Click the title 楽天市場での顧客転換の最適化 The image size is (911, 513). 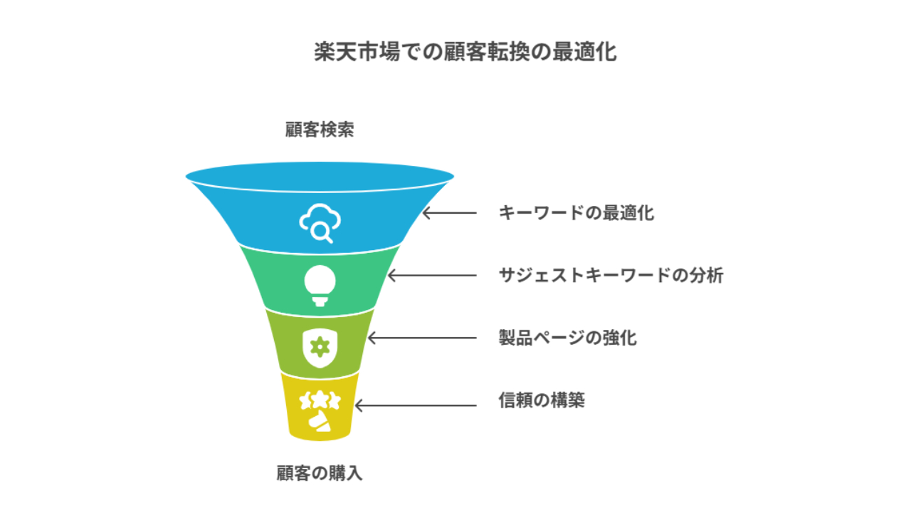point(465,52)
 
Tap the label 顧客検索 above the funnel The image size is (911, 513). point(320,130)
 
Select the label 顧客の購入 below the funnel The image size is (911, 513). point(320,473)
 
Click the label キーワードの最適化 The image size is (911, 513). point(576,213)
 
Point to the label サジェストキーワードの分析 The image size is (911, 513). point(611,275)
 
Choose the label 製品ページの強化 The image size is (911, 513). point(568,338)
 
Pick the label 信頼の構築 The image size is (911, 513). point(542,400)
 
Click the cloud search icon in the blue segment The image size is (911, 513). point(320,223)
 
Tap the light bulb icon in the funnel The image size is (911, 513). point(320,286)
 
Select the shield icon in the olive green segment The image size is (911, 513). point(320,348)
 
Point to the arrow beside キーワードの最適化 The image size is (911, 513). point(449,213)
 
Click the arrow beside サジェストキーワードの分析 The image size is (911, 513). point(432,276)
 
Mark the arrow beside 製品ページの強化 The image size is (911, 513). point(422,338)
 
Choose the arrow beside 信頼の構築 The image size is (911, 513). point(416,405)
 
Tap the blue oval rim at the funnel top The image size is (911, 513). point(320,177)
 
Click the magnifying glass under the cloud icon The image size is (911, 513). point(322,233)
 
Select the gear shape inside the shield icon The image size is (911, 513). point(320,347)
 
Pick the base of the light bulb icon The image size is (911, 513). point(320,301)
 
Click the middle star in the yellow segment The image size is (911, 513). point(320,399)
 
